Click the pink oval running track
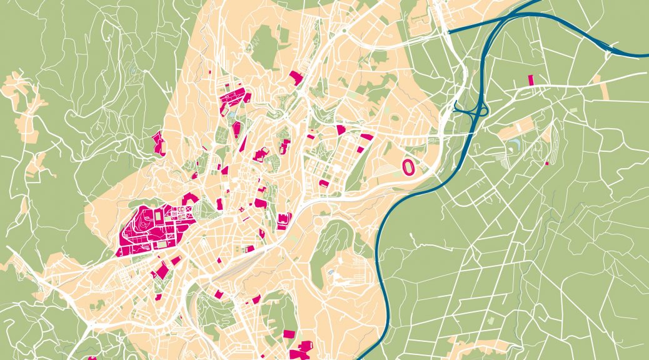point(408,167)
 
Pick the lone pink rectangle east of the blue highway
point(531,79)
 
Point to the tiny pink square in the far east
point(546,164)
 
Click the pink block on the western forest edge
point(159,143)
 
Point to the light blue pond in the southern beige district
point(330,274)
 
